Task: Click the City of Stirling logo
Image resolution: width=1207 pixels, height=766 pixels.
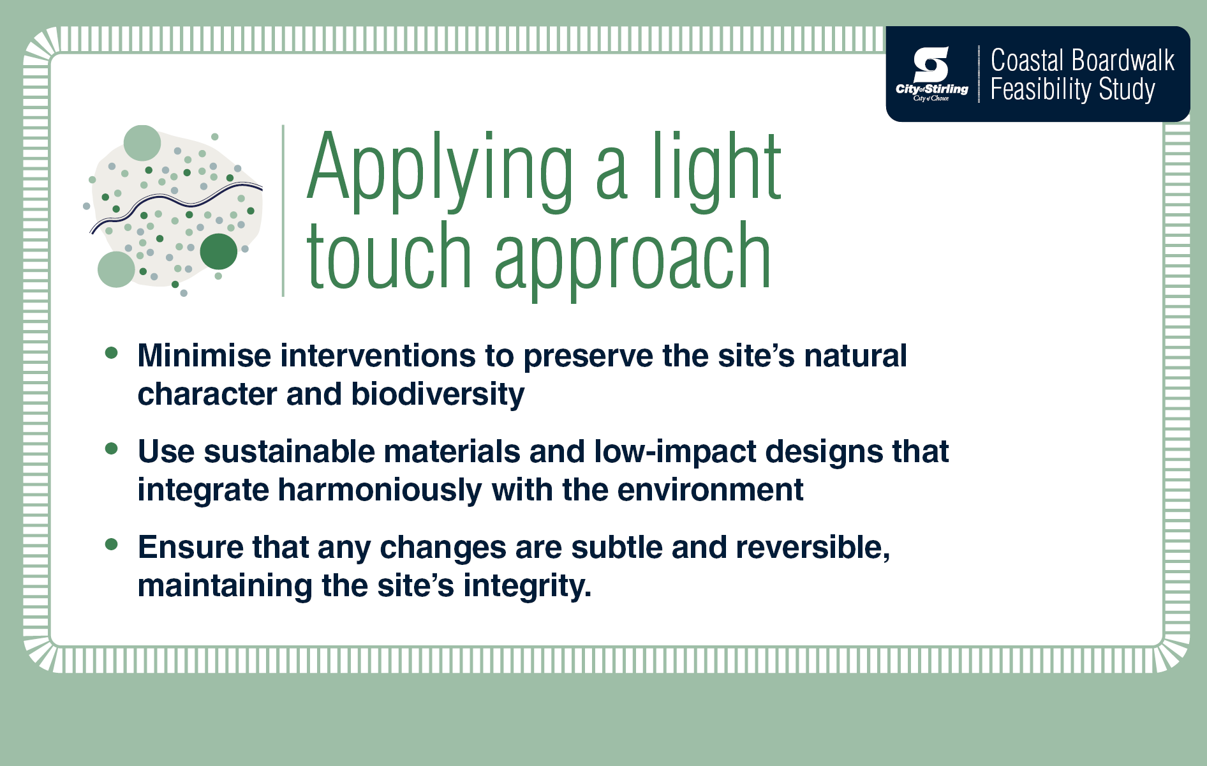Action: click(931, 74)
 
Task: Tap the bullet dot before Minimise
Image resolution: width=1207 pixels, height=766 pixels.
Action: click(112, 353)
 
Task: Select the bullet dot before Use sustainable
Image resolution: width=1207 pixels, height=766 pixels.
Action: click(112, 449)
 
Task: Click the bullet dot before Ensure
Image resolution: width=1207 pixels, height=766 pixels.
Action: click(112, 544)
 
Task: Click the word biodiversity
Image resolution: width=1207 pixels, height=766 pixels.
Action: click(438, 394)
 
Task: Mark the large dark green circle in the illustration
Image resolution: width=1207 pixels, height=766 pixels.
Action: click(218, 252)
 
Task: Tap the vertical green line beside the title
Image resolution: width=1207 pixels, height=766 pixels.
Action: click(283, 211)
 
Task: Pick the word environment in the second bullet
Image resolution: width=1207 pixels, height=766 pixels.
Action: click(710, 490)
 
